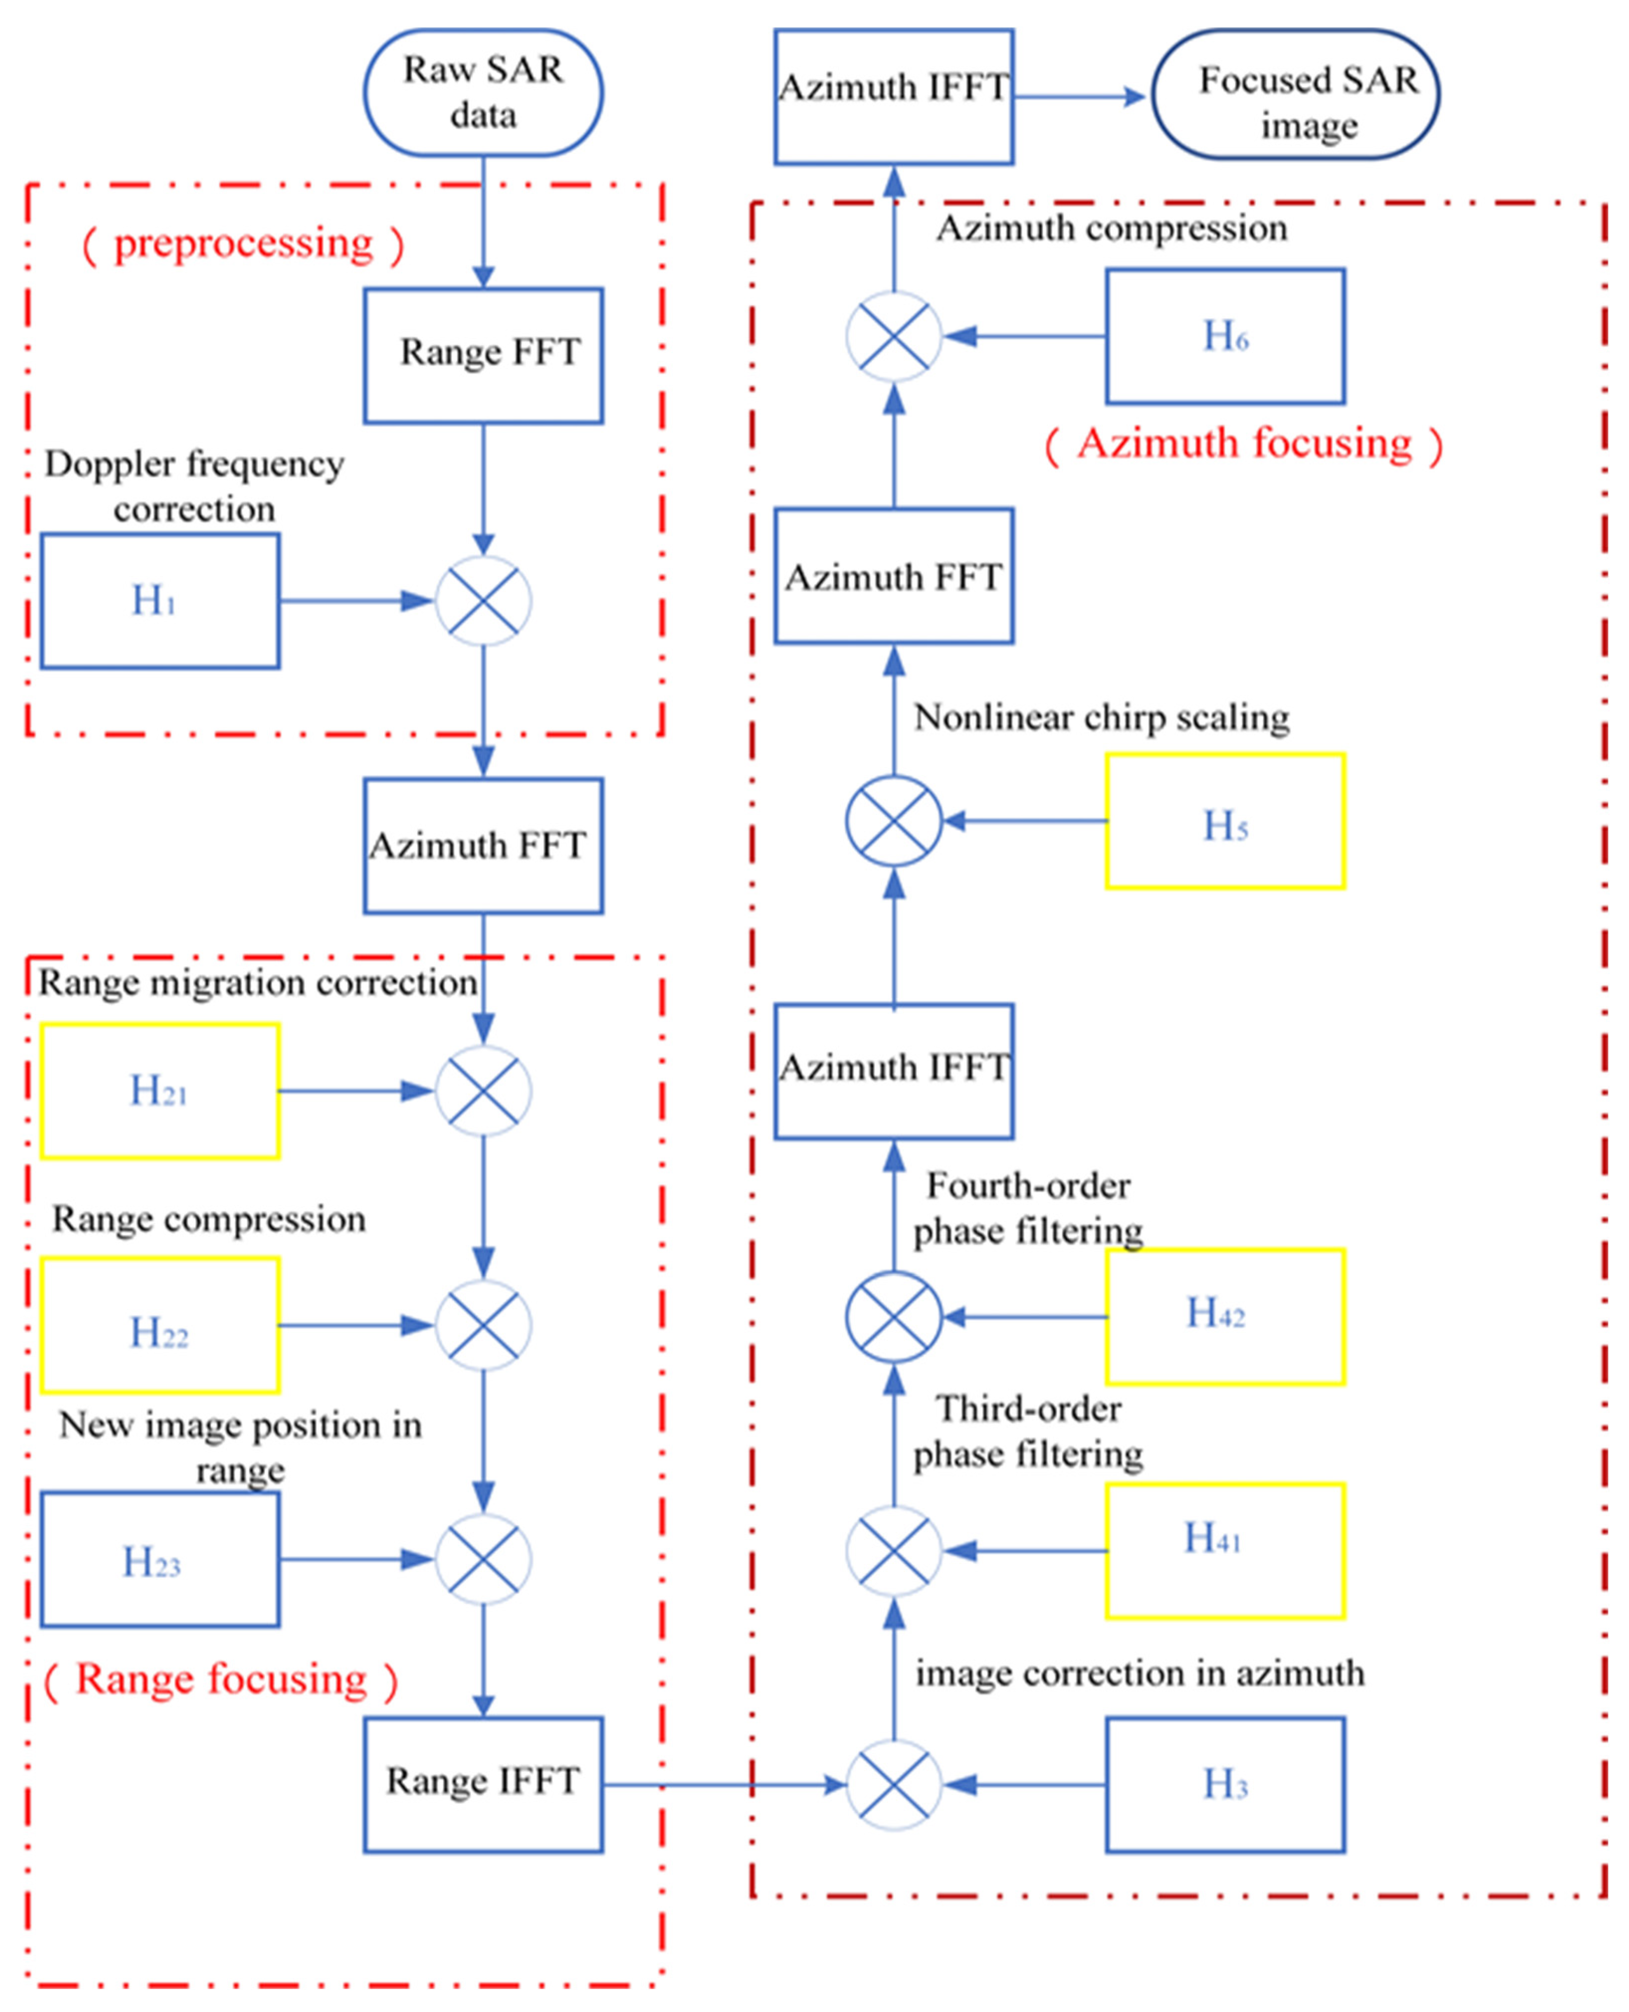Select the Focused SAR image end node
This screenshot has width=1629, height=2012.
tap(1295, 95)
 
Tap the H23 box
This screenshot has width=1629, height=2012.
tap(160, 1560)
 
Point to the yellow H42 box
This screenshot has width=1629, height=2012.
tap(1224, 1317)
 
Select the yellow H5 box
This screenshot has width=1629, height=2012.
tap(1224, 821)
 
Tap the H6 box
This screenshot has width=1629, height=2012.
tap(1224, 337)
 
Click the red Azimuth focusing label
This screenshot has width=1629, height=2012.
tap(1243, 444)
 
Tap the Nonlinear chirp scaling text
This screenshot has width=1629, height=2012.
tap(1101, 718)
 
